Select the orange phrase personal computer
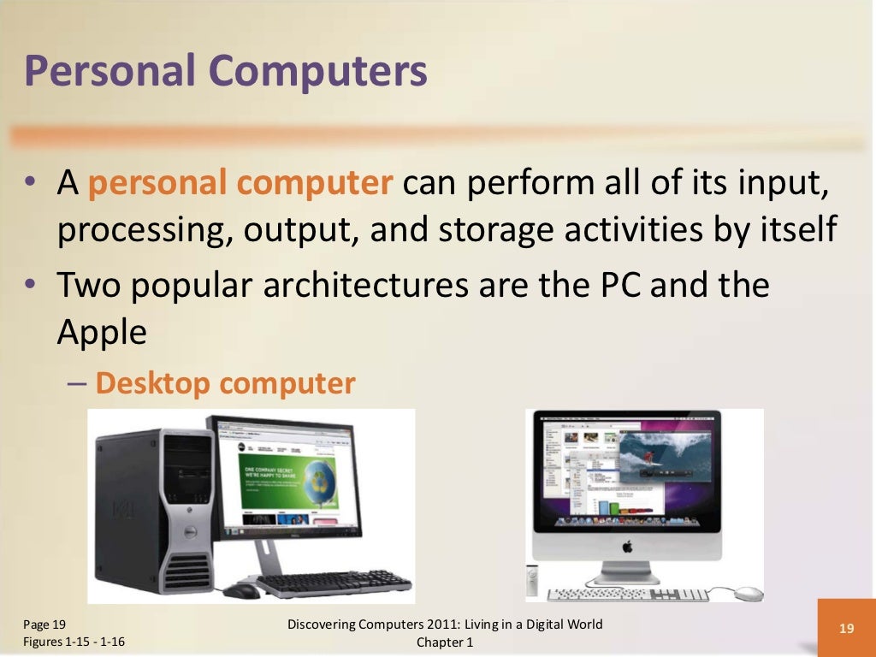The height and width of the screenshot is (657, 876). pos(240,183)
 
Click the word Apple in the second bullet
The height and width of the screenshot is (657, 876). pos(102,333)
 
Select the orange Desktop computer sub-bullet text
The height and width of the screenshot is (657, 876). pos(225,383)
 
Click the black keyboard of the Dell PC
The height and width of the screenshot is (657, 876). pos(334,583)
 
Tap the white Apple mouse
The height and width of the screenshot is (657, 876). pos(749,593)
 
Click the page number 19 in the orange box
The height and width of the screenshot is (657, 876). pos(846,629)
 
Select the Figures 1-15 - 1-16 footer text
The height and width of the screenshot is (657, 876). pos(74,642)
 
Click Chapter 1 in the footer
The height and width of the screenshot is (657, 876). pos(445,642)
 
